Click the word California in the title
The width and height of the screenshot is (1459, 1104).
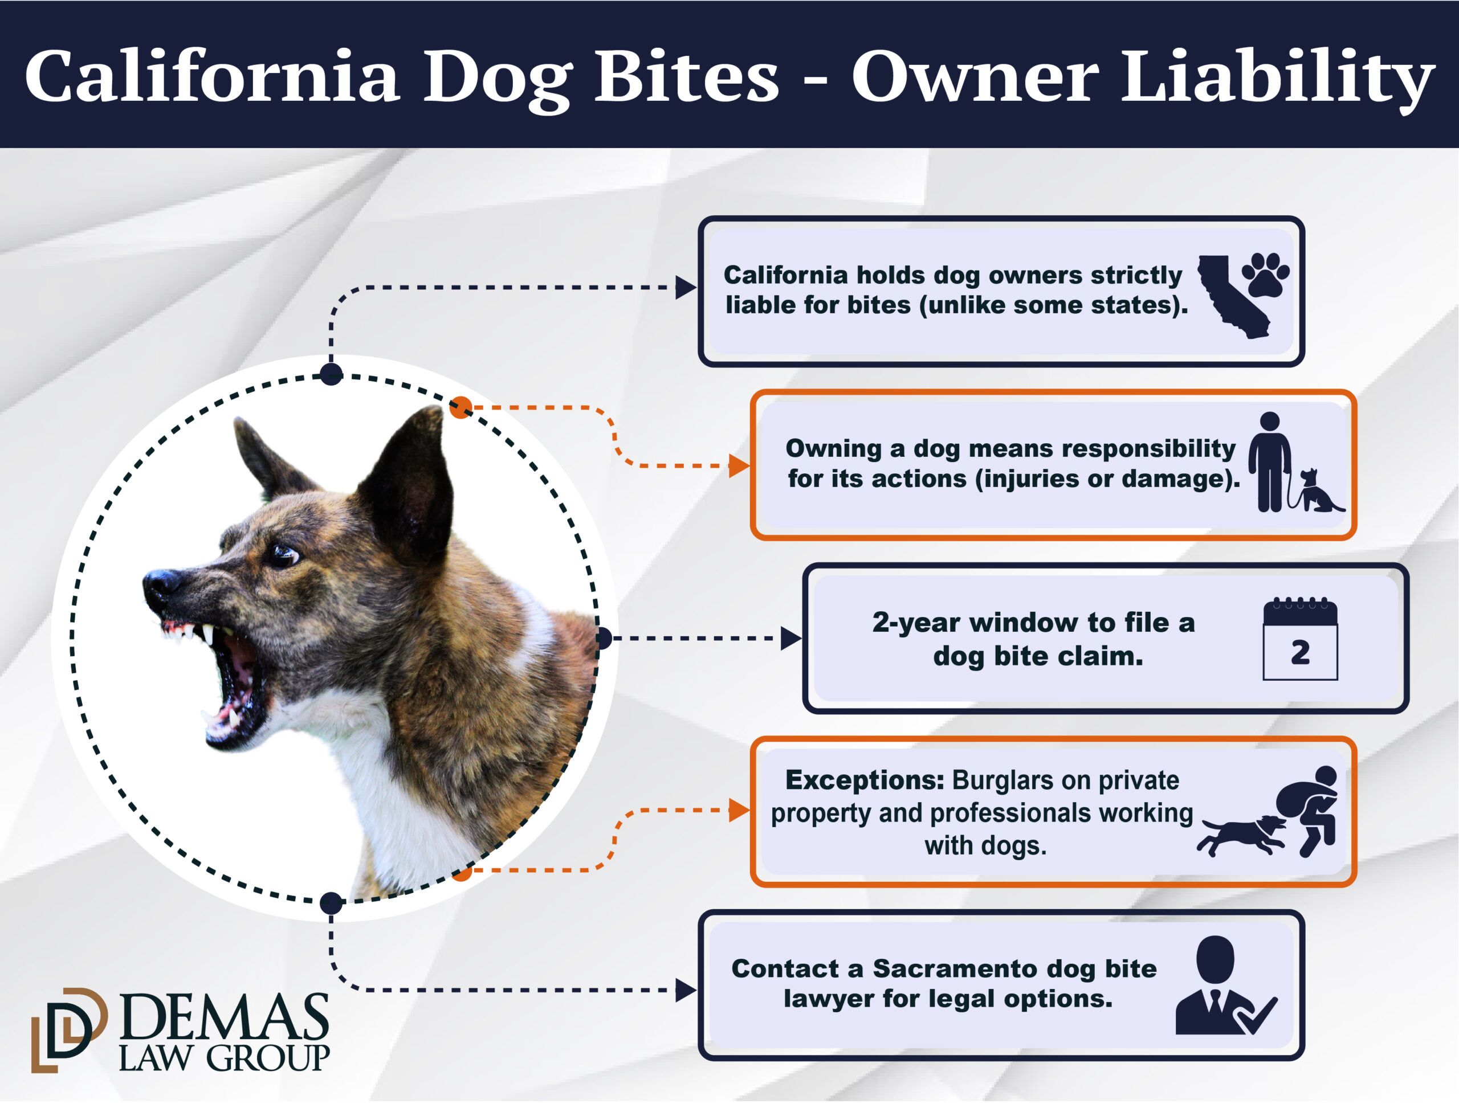213,76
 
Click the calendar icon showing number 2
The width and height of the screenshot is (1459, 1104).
1300,639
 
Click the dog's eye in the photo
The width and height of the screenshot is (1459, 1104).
283,555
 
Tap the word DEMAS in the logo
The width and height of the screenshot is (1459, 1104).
224,1017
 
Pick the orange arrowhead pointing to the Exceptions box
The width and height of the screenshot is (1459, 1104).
739,810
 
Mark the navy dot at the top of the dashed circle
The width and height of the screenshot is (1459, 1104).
331,374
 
